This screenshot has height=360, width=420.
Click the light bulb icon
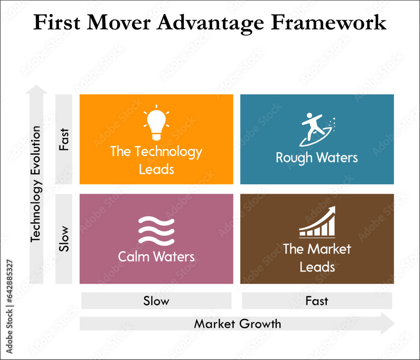pos(156,123)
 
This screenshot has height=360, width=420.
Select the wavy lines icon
pos(156,231)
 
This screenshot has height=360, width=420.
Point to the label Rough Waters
pos(317,158)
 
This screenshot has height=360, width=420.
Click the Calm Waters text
pos(156,256)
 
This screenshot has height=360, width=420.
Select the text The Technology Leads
pos(156,160)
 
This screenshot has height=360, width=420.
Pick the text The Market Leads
pos(317,258)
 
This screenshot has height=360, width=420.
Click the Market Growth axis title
pos(237,324)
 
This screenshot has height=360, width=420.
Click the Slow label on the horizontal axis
pos(156,301)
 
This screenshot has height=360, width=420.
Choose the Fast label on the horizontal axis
pos(317,301)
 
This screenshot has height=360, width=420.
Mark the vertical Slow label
pos(64,239)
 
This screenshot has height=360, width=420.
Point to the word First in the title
pos(55,23)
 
